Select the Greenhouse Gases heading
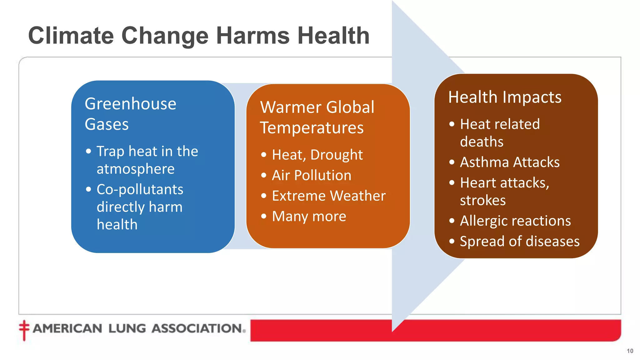(130, 114)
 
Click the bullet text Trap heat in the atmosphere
(147, 160)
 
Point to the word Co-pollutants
(140, 189)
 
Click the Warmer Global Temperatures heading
(317, 117)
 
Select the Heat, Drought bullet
(317, 155)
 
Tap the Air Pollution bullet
(312, 175)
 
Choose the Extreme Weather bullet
(329, 196)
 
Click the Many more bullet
(309, 216)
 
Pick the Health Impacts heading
(505, 97)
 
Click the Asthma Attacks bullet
(510, 162)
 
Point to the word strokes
(483, 200)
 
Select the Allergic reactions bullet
(515, 221)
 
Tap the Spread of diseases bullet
(520, 241)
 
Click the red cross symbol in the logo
(24, 329)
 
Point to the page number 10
(630, 351)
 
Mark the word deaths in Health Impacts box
(482, 142)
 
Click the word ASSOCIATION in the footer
(197, 328)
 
